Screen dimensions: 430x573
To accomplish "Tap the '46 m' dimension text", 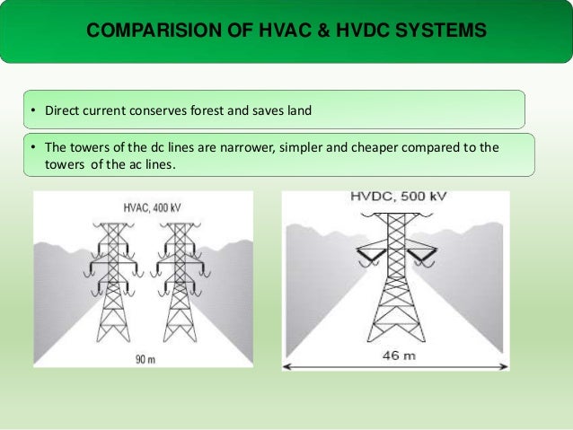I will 395,355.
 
